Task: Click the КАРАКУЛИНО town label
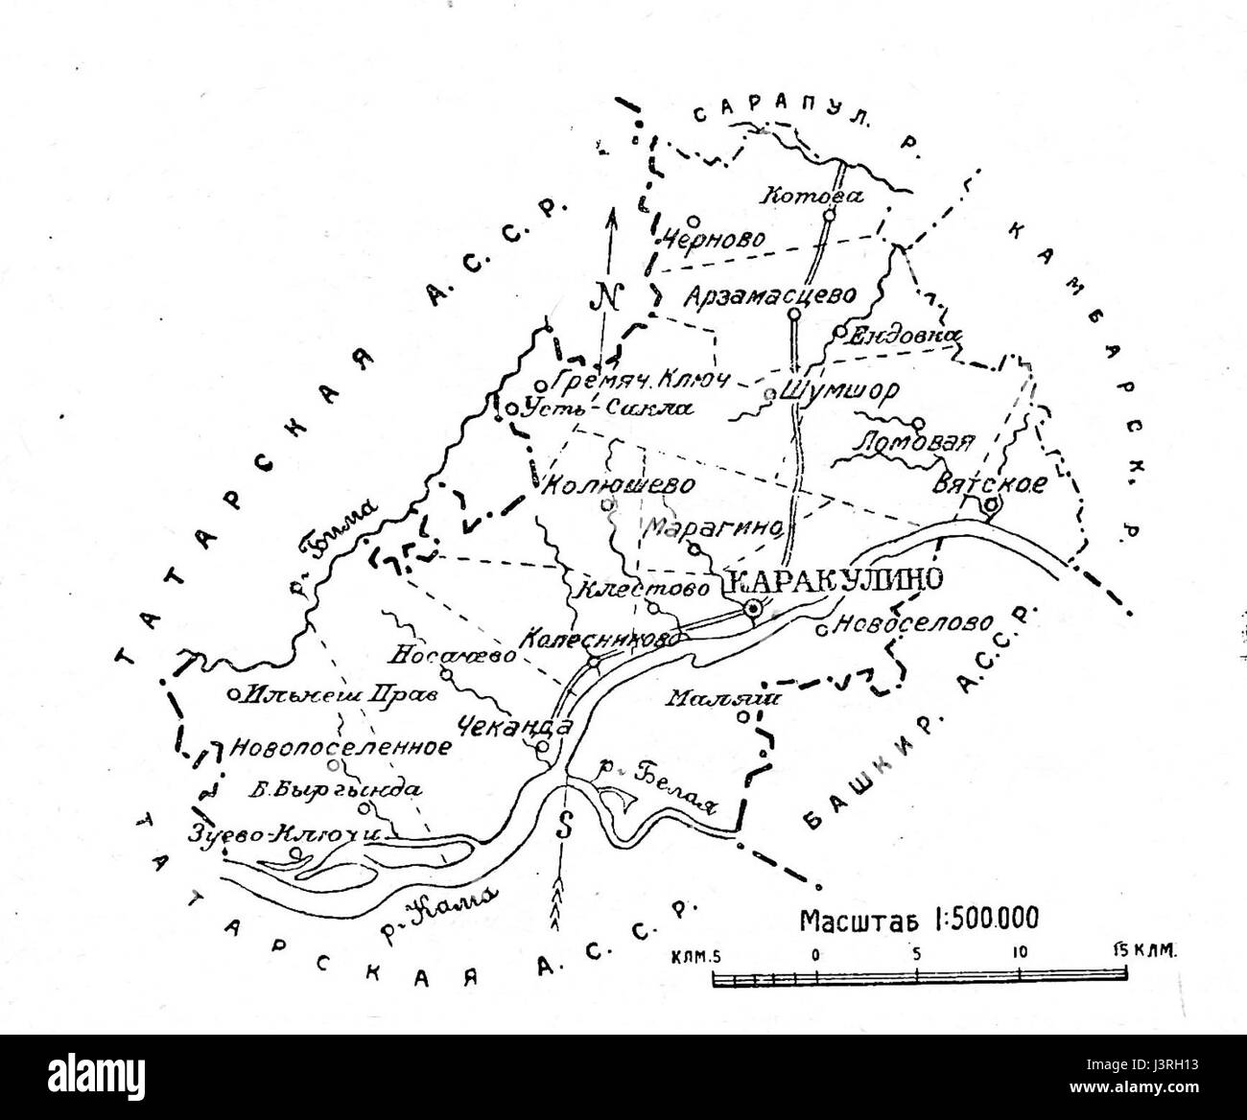point(835,578)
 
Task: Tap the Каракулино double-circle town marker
point(755,607)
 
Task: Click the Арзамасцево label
point(769,297)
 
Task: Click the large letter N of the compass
point(607,296)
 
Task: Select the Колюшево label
point(618,484)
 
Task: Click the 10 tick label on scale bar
point(1019,953)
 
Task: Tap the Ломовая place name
point(913,443)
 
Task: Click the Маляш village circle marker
point(743,716)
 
